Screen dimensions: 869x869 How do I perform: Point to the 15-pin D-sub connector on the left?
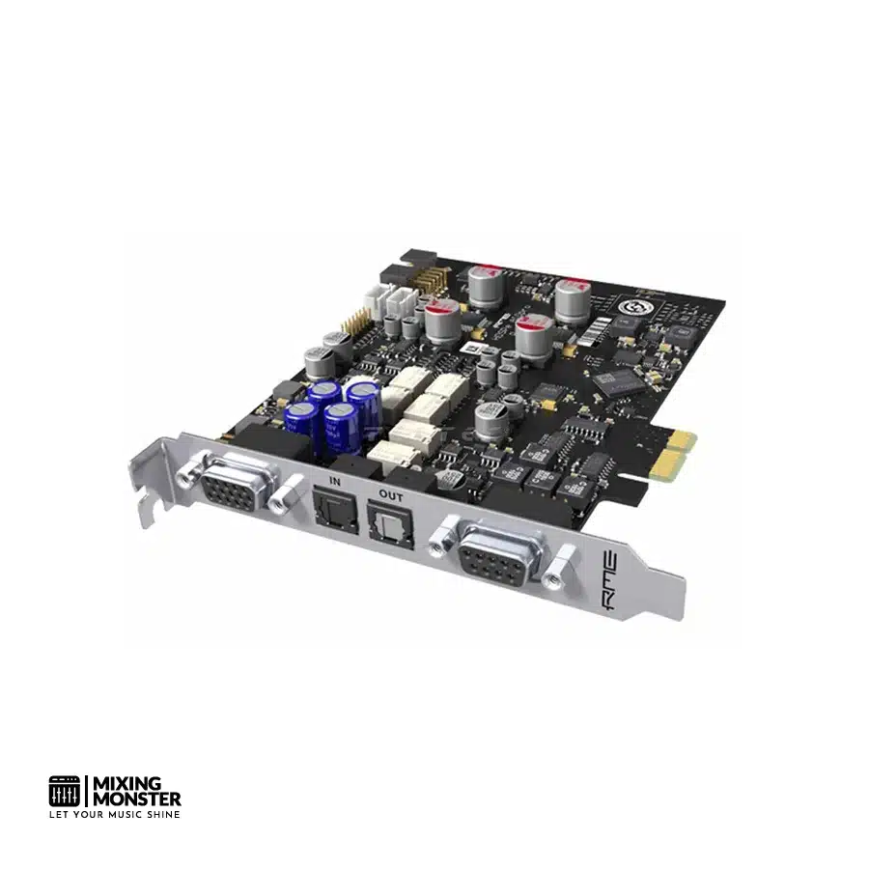click(x=230, y=489)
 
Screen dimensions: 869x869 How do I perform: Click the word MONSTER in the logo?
click(x=136, y=799)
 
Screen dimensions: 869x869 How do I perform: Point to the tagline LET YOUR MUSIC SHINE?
click(x=115, y=814)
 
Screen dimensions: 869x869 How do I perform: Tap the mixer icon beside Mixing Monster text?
click(x=66, y=791)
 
